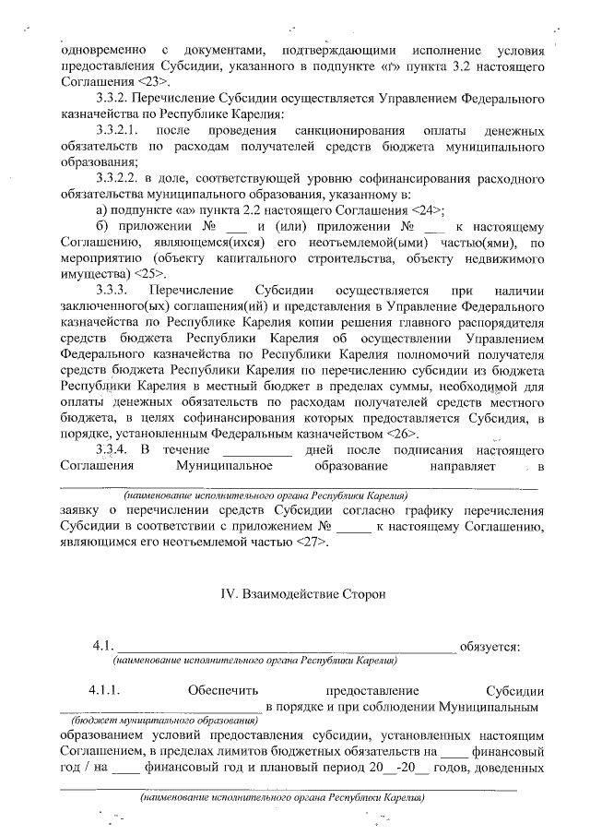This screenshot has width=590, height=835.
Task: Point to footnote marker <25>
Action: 150,274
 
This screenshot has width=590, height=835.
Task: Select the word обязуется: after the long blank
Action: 490,646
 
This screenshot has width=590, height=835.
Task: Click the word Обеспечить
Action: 218,690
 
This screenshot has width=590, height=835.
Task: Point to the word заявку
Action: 81,508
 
